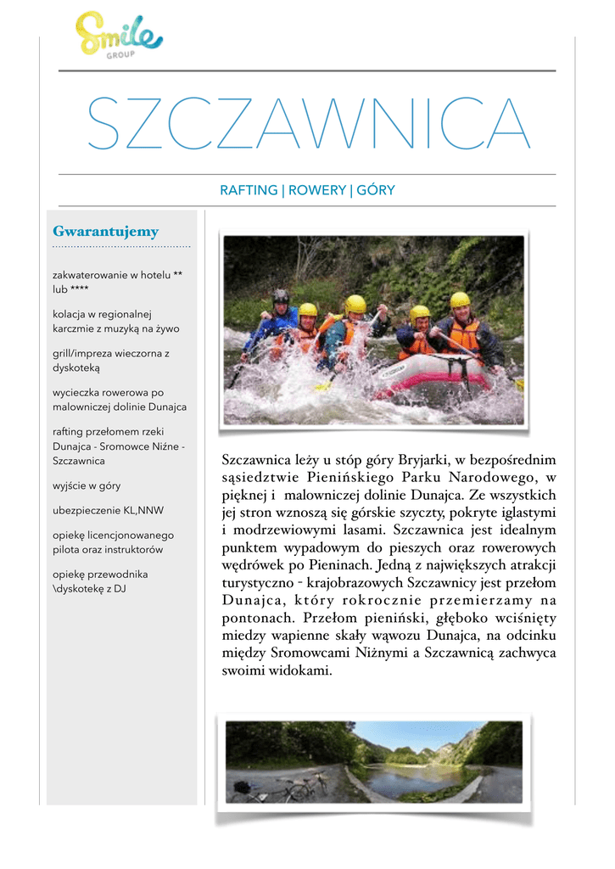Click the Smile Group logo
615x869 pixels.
[x=118, y=34]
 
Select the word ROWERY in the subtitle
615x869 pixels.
[x=317, y=191]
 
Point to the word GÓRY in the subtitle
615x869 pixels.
[x=376, y=191]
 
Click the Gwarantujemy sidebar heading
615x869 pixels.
[x=105, y=232]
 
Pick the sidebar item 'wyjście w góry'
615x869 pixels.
[x=87, y=486]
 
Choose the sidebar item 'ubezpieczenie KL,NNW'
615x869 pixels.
[x=108, y=511]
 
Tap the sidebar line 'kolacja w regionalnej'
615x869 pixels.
[x=102, y=314]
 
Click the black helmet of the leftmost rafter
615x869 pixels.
[x=280, y=296]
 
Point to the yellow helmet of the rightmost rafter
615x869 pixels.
[x=460, y=300]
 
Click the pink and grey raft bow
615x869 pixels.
[x=433, y=373]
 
